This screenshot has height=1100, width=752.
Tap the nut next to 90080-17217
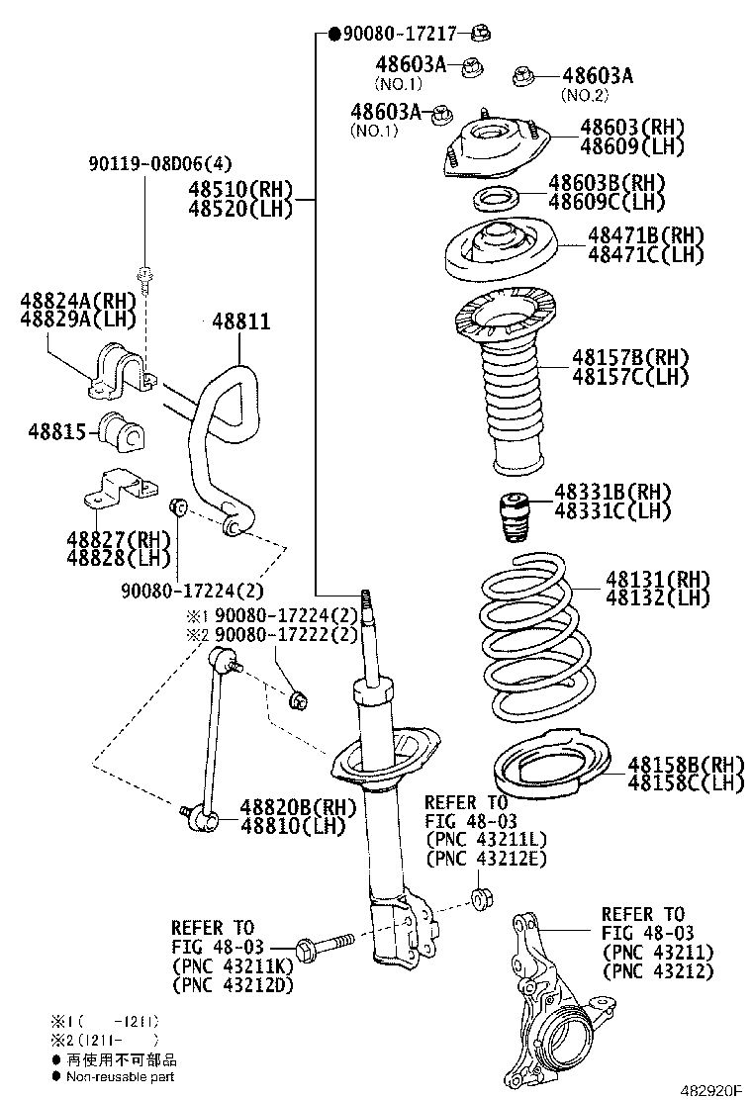[480, 35]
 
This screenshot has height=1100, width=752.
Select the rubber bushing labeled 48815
[121, 431]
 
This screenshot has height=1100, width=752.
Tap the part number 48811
[240, 322]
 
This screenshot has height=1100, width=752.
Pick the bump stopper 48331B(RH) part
[515, 517]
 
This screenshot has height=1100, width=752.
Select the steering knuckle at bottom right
[550, 999]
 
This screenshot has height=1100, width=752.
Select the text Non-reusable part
[120, 1075]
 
